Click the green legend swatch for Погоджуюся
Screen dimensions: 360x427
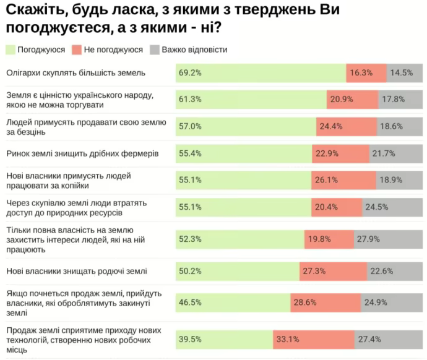tap(10, 49)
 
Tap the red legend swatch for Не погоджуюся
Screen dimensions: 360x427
tap(77, 49)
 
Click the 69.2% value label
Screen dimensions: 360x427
tap(190, 73)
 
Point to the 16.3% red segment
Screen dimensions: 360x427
tap(366, 73)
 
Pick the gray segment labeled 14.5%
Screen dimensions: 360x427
tap(405, 73)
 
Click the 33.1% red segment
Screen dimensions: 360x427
tap(314, 340)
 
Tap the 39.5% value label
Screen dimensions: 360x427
tap(190, 340)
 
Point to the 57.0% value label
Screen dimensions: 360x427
tap(190, 126)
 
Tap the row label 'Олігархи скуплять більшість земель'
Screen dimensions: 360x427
tap(75, 73)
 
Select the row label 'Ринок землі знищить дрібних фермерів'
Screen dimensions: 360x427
tap(83, 153)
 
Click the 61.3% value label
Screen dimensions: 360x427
tap(190, 100)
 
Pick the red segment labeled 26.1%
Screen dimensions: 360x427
tap(343, 180)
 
